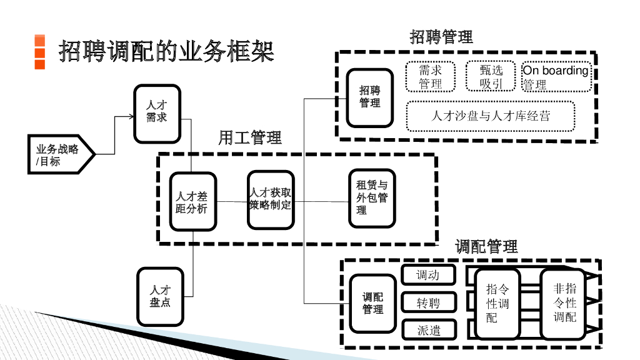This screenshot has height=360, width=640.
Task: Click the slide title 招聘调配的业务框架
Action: pos(166,52)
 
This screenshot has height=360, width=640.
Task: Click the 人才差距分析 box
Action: pos(192,202)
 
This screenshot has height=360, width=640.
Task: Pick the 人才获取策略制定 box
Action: pos(270,199)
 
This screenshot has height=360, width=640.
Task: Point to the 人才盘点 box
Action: pos(161,296)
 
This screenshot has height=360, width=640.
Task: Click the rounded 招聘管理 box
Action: pos(370,97)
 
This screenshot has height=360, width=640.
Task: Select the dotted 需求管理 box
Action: pos(431,77)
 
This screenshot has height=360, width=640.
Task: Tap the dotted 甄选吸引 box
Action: pos(491,77)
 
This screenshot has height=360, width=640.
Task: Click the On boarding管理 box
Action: pos(556,77)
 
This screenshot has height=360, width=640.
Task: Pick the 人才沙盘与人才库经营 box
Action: pos(491,116)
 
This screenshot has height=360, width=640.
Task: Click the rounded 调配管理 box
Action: pos(373,303)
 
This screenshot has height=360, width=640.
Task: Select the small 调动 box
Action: pos(428,275)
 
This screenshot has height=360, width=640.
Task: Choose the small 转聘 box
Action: pos(428,303)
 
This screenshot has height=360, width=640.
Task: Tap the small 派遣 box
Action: pos(428,330)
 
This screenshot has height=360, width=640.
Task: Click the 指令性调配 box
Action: pos(497,303)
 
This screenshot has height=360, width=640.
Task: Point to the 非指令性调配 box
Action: pos(564,303)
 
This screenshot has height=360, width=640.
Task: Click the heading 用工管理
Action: pos(250,137)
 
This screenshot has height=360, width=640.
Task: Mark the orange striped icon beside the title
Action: pos(39,51)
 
